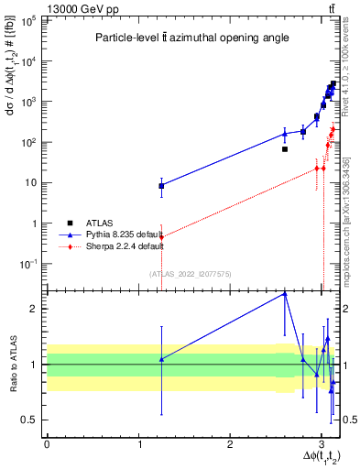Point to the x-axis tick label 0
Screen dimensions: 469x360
click(47, 444)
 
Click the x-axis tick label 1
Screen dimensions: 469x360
click(138, 444)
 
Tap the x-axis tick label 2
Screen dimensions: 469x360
click(230, 444)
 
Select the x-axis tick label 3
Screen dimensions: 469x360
click(322, 444)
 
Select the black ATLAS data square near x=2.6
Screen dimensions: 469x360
click(285, 149)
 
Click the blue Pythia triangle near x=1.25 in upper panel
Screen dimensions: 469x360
click(161, 185)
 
